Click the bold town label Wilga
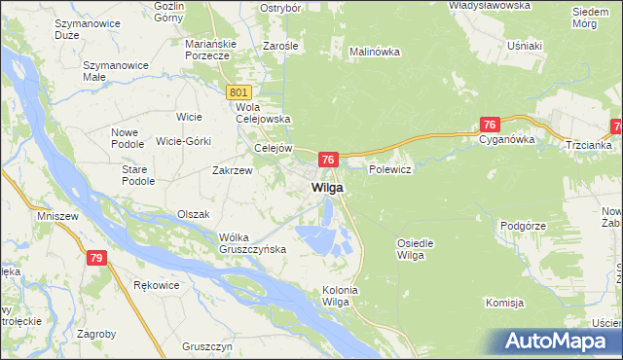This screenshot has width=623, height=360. [x=327, y=187]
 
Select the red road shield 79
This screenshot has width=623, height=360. [x=95, y=258]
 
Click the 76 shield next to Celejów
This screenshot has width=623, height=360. [x=328, y=160]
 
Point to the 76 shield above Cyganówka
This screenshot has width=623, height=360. [x=490, y=125]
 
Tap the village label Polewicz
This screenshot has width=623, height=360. [x=391, y=169]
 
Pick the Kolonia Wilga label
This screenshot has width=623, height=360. [x=341, y=297]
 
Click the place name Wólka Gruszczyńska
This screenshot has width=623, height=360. [x=252, y=243]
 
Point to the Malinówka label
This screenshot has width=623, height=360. [x=375, y=52]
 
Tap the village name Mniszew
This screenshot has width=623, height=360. [x=56, y=215]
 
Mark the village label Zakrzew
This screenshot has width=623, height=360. [x=233, y=169]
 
